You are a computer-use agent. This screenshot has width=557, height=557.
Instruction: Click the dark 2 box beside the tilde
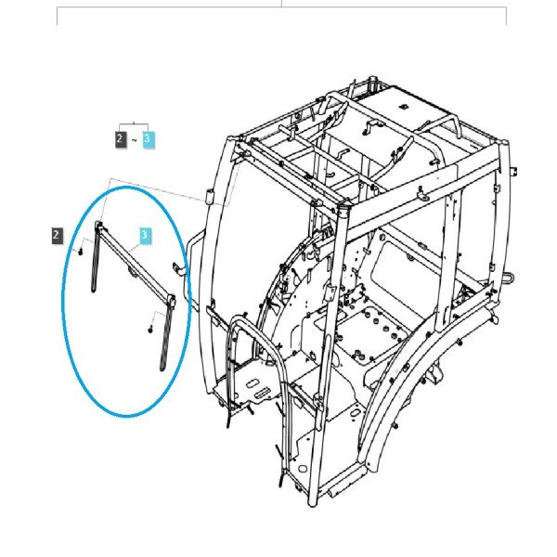click(x=121, y=139)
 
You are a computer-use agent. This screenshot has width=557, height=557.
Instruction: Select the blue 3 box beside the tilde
click(x=149, y=139)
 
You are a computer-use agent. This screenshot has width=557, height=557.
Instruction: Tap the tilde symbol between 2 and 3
click(x=135, y=141)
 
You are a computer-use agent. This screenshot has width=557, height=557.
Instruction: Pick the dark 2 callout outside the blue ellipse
click(x=58, y=235)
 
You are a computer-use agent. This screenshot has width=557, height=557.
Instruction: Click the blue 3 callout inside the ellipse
click(x=146, y=235)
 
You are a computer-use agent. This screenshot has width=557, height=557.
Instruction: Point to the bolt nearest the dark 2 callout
click(x=81, y=252)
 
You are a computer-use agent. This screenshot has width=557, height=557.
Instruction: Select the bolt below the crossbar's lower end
click(x=150, y=330)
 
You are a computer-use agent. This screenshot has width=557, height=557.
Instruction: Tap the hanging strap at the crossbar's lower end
click(x=166, y=338)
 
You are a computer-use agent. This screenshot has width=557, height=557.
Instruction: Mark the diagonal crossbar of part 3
click(x=135, y=263)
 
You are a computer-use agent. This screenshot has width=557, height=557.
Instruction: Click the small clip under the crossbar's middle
click(x=133, y=273)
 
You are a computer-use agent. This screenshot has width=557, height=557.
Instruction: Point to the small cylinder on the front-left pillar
click(x=211, y=195)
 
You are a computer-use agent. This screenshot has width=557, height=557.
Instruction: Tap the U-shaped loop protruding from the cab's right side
click(x=507, y=278)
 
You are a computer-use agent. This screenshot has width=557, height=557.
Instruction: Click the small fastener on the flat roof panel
click(x=403, y=106)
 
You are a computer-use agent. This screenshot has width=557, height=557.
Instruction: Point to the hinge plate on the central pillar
click(x=330, y=292)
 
